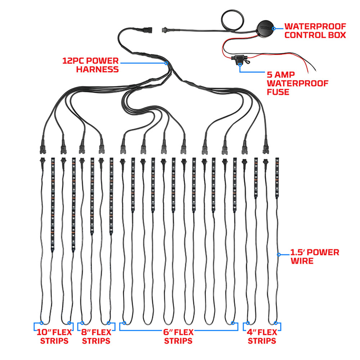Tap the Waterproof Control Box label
click(x=315, y=31)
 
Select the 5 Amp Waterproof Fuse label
click(x=297, y=83)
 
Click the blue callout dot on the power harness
click(x=166, y=63)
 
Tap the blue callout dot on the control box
click(x=274, y=28)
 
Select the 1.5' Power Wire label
click(x=315, y=256)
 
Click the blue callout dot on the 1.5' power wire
click(x=279, y=255)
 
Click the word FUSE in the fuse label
click(x=278, y=92)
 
